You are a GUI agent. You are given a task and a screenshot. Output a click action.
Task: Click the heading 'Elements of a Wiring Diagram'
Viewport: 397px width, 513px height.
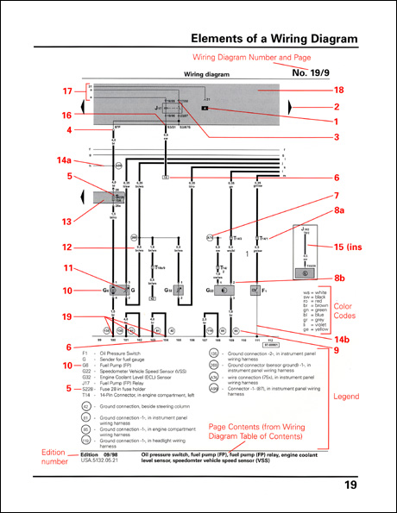tap(273, 39)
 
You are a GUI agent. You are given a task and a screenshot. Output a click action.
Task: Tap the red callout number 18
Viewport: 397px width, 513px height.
tap(315, 90)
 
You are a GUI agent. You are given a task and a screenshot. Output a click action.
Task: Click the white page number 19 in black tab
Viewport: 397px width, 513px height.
tap(350, 485)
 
